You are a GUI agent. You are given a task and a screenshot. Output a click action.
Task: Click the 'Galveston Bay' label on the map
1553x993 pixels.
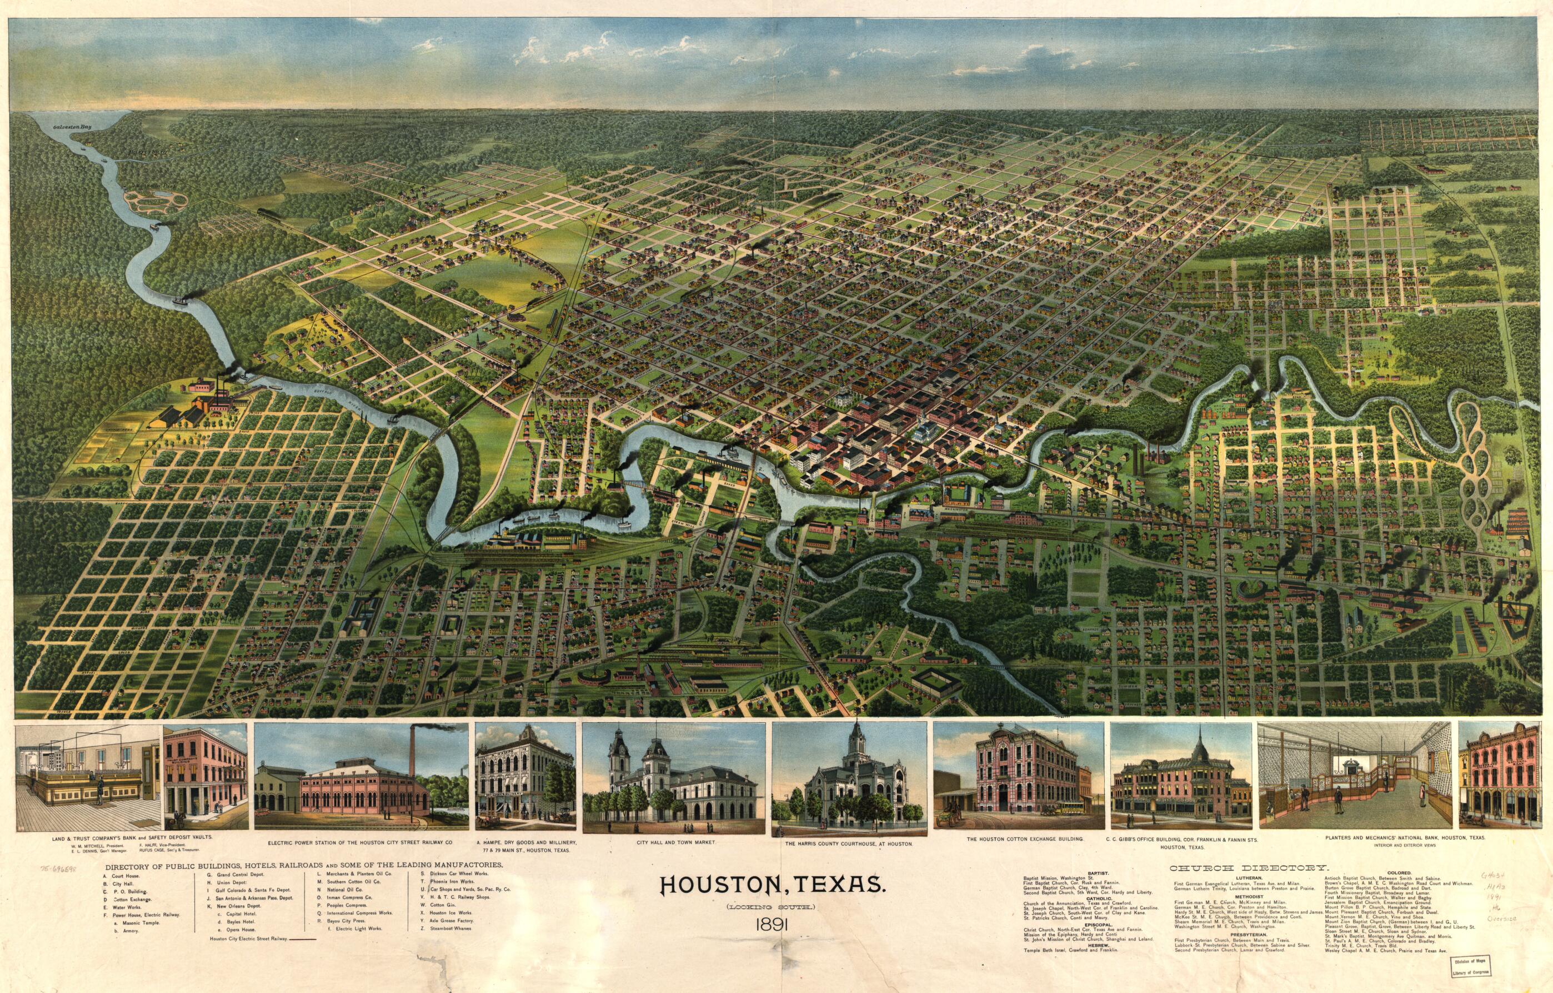tap(72, 128)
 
